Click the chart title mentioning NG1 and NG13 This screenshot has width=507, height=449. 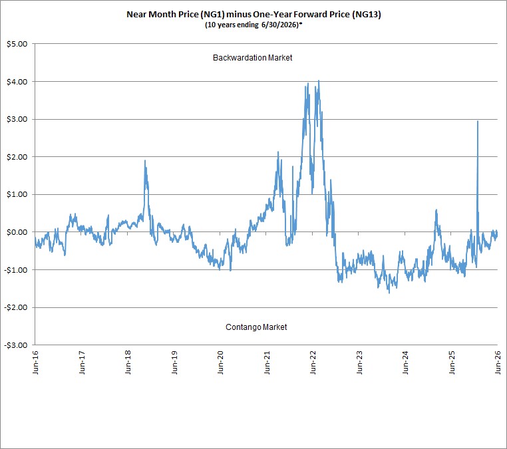pos(254,15)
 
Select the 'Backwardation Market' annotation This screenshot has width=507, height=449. pos(253,58)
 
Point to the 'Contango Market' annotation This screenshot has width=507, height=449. pos(256,327)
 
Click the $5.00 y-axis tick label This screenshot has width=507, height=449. pos(17,44)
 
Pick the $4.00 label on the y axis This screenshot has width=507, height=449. pos(17,82)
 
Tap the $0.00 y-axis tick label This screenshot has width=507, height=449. pos(17,232)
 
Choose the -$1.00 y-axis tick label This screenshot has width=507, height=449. pos(16,270)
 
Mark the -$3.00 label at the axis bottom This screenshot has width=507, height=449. pos(16,345)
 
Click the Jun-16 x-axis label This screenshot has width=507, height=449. pos(35,363)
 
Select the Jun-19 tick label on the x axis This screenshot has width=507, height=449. pos(174,363)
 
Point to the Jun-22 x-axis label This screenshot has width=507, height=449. pos(313,363)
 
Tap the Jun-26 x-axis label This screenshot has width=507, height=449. pos(498,363)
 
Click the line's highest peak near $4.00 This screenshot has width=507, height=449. pos(319,80)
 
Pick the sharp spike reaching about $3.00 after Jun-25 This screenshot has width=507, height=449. pos(478,121)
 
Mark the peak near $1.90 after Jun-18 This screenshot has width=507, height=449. pos(145,160)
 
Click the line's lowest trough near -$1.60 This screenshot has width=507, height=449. pos(389,293)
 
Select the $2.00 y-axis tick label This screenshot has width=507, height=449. pos(17,157)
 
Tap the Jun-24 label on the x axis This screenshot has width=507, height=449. pos(405,363)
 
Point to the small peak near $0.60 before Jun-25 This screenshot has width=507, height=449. pos(436,210)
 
